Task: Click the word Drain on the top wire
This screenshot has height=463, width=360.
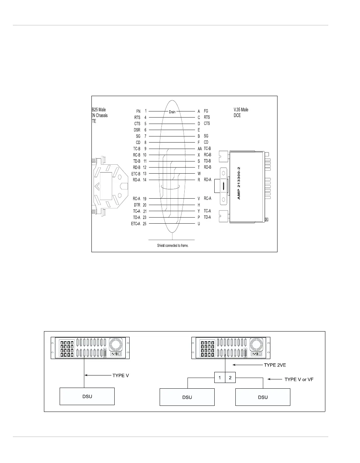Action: pos(172,112)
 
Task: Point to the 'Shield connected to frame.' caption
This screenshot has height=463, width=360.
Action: pos(173,246)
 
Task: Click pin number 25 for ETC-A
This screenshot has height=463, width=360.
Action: pos(145,224)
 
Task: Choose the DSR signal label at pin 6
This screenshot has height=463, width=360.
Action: pos(137,130)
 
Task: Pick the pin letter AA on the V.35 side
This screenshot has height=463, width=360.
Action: pos(200,149)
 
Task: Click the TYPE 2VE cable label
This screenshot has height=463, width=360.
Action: pos(275,365)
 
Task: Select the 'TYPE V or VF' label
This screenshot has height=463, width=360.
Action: pos(299,379)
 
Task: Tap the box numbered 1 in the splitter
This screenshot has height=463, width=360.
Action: pos(220,378)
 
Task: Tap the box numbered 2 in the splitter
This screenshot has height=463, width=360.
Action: pos(230,378)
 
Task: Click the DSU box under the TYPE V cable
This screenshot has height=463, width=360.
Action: pos(87,397)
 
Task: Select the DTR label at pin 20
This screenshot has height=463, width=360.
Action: pos(137,205)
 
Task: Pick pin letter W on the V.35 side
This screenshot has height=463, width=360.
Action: pos(199,174)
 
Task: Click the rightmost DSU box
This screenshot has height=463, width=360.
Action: pos(263,397)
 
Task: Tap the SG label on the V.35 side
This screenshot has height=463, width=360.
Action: pos(206,136)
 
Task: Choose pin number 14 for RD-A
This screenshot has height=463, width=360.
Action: pos(145,180)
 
